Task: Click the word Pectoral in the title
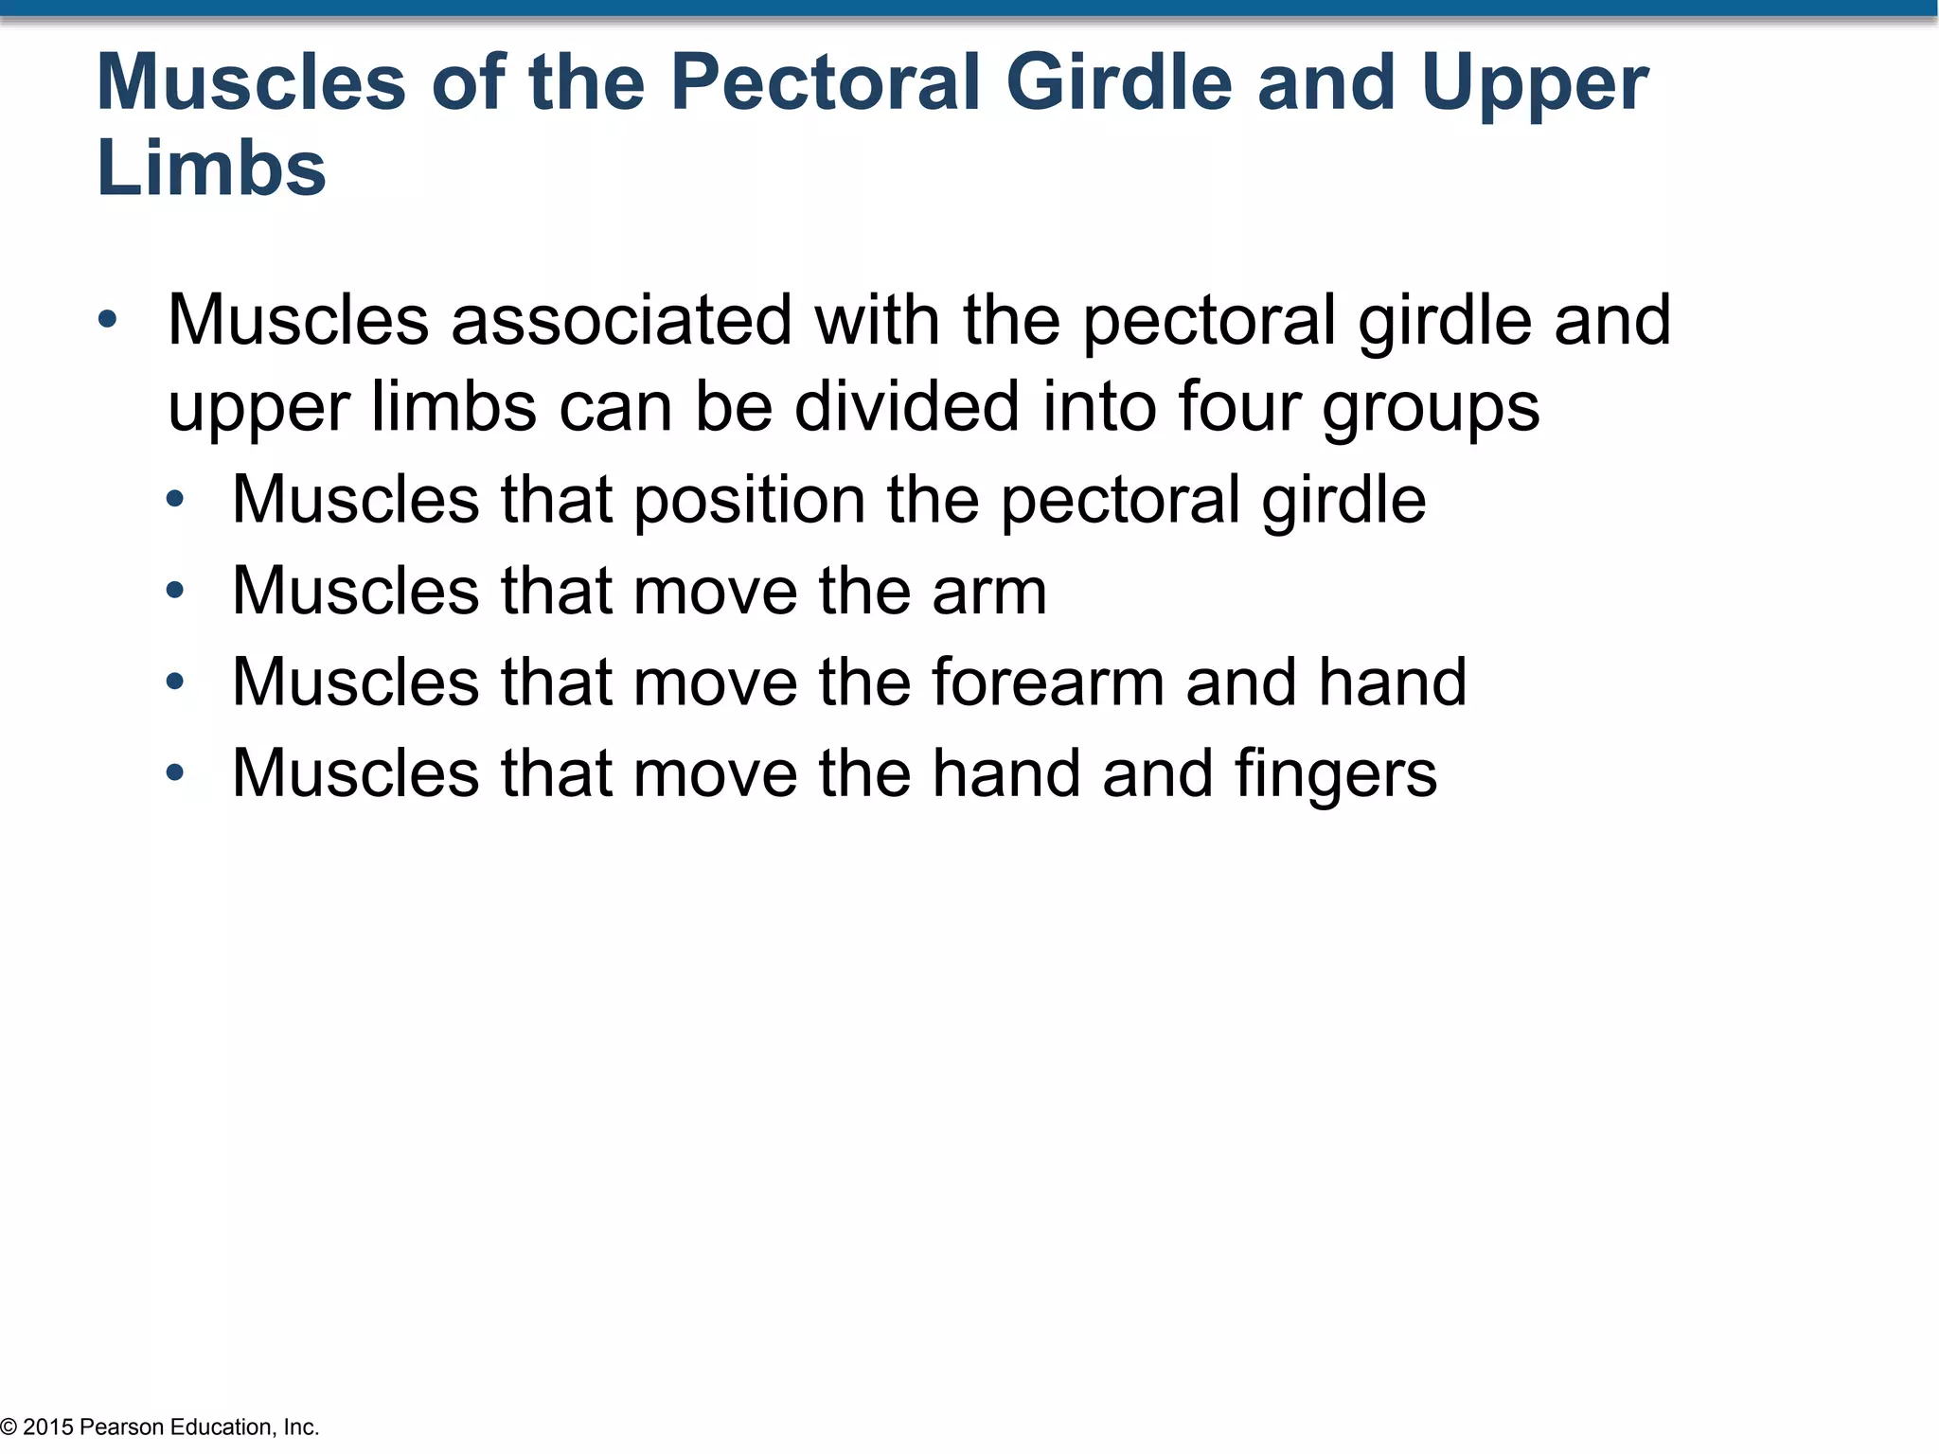pos(825,82)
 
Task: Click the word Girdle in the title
pos(1118,82)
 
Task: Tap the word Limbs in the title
pos(211,168)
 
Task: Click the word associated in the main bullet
pos(621,320)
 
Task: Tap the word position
pos(749,501)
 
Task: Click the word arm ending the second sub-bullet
pos(989,592)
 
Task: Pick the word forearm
pos(1048,682)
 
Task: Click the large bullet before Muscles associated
pos(107,320)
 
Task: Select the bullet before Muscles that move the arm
pos(174,591)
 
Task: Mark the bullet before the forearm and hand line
pos(174,682)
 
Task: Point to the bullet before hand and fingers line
pos(174,773)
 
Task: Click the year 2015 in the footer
pos(47,1427)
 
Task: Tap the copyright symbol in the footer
pos(9,1427)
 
